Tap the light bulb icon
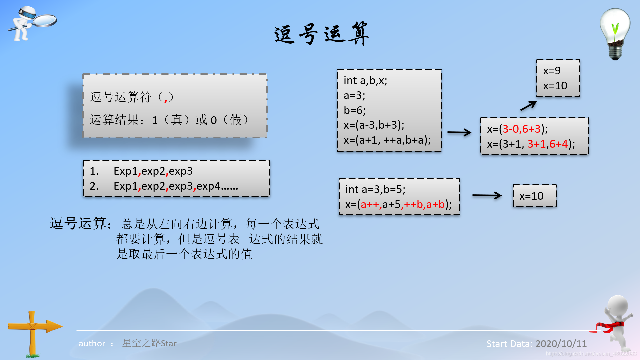tap(615, 33)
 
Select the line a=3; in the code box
tap(354, 96)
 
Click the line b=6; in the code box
tap(355, 110)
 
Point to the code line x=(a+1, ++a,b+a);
tap(387, 140)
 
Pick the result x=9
tap(552, 71)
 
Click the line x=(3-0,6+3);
tap(517, 129)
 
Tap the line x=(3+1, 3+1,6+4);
tap(531, 144)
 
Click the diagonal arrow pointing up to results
tap(528, 106)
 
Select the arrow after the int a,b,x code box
tap(459, 133)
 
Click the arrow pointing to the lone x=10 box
tap(487, 195)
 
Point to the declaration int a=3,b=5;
tap(375, 189)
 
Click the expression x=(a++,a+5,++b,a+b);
tap(398, 204)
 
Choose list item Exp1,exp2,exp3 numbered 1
tap(153, 171)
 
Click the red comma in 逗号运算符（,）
tap(166, 99)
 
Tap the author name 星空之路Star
tap(149, 343)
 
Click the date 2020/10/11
tap(561, 344)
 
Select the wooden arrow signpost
tap(33, 330)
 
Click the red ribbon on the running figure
tap(608, 327)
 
